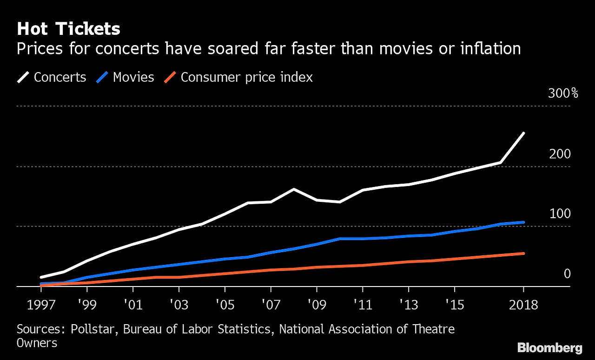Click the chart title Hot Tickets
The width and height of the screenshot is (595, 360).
(x=68, y=29)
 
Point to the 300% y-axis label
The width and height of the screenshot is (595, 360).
(x=563, y=93)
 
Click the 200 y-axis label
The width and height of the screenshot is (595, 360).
(x=560, y=154)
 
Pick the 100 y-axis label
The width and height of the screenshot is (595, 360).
(x=560, y=214)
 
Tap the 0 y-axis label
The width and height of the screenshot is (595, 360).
(x=567, y=274)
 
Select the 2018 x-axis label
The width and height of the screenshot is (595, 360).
(x=523, y=305)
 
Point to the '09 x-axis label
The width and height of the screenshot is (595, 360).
(x=316, y=305)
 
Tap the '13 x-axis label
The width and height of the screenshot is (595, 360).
(x=408, y=305)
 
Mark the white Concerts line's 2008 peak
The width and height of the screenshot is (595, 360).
(x=293, y=189)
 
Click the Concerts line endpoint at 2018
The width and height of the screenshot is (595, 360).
(x=523, y=133)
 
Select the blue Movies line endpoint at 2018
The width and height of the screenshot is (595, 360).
(x=523, y=222)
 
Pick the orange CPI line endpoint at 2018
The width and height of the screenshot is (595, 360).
(x=523, y=253)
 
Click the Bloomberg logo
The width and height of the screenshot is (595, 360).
(x=549, y=348)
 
